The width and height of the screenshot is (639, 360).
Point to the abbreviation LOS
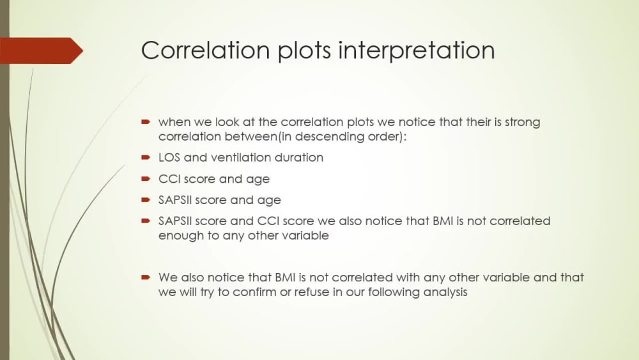169,157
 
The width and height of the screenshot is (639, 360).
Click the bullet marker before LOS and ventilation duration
146,157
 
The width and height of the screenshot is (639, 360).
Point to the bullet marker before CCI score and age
146,179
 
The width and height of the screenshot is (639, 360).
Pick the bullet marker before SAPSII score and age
146,200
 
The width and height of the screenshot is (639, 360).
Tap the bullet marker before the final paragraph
146,278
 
